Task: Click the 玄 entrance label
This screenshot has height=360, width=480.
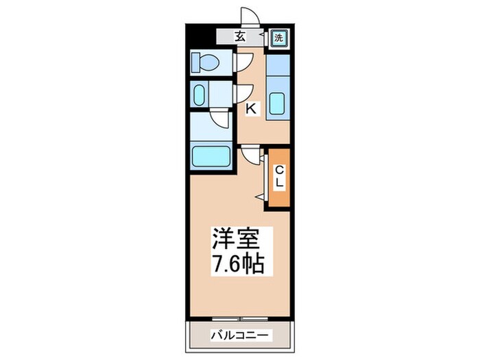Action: tap(240, 37)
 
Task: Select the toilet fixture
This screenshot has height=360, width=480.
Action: tap(205, 63)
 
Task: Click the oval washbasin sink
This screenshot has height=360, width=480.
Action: tap(200, 95)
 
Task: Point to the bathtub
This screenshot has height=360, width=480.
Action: tap(212, 156)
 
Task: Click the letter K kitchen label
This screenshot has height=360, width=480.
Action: tap(251, 108)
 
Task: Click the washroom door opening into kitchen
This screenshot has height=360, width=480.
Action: tap(242, 94)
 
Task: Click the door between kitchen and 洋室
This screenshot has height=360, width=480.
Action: tap(251, 156)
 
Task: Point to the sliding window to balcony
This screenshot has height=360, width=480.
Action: tap(239, 318)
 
